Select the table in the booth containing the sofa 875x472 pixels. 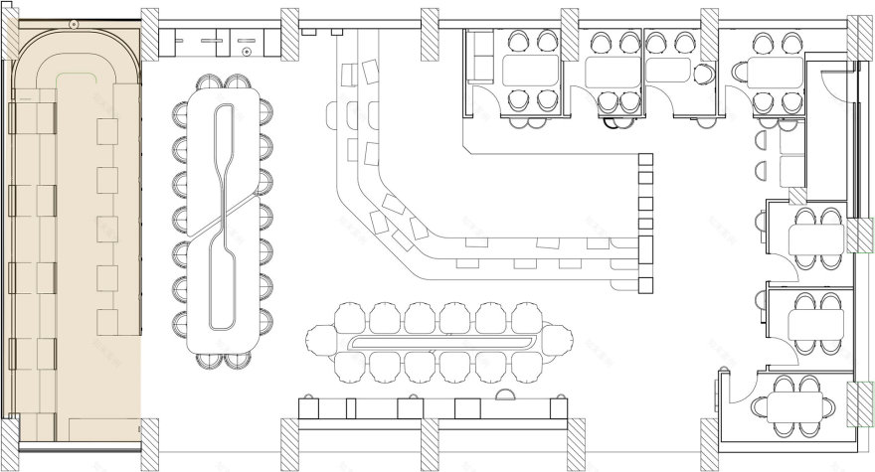526,71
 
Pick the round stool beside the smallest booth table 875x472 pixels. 705,73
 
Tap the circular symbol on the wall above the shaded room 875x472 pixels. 73,23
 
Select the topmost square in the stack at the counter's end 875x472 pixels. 645,160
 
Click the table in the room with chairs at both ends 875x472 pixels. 799,406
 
